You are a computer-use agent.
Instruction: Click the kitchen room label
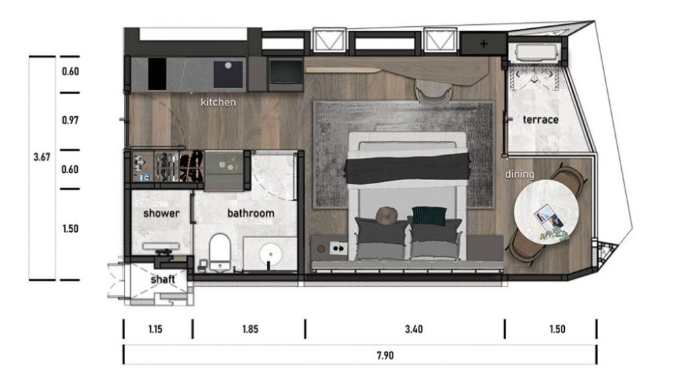(x=218, y=102)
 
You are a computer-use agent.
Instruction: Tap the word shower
(x=161, y=214)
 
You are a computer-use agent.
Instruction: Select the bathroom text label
(x=251, y=214)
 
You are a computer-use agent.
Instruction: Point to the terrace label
(x=541, y=120)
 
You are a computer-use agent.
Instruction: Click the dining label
(x=520, y=175)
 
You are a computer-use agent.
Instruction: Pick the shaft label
(x=162, y=280)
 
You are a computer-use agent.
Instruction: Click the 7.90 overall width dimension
(x=384, y=356)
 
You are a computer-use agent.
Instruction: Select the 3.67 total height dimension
(x=42, y=157)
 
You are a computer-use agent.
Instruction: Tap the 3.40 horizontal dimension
(x=413, y=329)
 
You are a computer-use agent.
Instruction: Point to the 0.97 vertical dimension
(x=70, y=120)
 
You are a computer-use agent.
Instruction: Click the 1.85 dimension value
(x=250, y=329)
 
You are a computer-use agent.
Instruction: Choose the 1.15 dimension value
(x=155, y=329)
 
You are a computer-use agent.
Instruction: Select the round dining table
(x=546, y=212)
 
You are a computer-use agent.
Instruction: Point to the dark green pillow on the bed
(x=429, y=216)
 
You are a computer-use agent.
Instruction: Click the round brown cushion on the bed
(x=386, y=215)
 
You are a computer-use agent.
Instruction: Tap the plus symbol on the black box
(x=483, y=44)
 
